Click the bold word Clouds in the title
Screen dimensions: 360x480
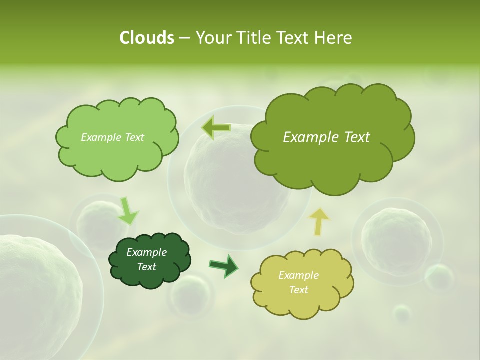click(146, 38)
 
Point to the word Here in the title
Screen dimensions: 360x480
click(333, 38)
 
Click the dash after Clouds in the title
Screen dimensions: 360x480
click(184, 38)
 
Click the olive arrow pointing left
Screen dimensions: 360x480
click(216, 127)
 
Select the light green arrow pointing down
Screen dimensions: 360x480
click(127, 211)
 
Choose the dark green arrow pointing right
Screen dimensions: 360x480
click(224, 265)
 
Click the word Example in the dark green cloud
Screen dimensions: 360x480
click(146, 252)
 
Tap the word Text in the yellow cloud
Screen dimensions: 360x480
click(298, 290)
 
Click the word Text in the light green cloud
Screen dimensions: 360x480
click(133, 137)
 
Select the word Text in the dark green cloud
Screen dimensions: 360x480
click(146, 267)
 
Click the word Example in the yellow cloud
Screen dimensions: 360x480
click(298, 275)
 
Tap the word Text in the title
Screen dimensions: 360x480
click(292, 38)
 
